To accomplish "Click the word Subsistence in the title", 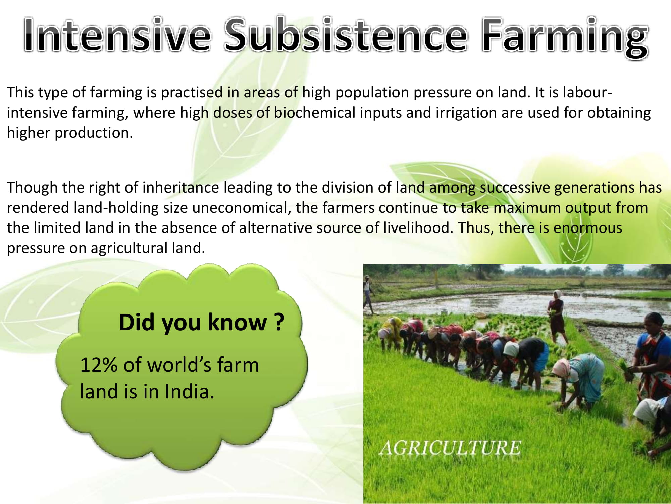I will click(x=346, y=35).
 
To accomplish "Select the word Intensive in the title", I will click(x=117, y=35).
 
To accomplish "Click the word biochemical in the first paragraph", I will click(x=314, y=113).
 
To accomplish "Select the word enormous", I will click(x=588, y=228).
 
